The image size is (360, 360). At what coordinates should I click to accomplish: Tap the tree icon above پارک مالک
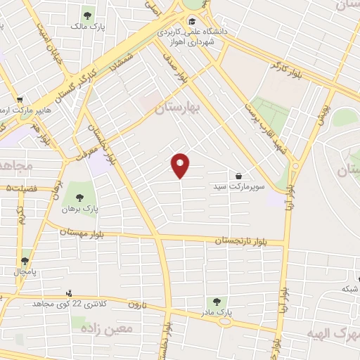pos(87,14)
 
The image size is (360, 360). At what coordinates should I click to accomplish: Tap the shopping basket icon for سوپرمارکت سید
pos(239,176)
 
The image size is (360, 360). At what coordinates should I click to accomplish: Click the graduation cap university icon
pos(192,21)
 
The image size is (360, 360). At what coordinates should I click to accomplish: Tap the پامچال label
pos(26,271)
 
